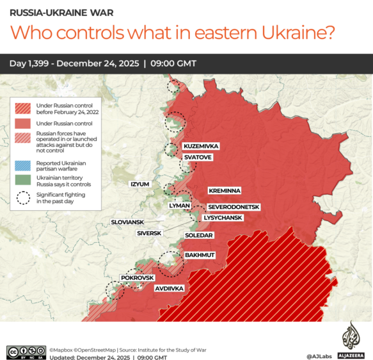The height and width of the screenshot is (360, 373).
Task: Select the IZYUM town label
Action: [139, 184]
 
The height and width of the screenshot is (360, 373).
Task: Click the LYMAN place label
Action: [178, 206]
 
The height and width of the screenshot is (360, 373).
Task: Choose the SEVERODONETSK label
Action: [234, 207]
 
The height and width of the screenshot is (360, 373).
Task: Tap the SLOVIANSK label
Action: [128, 222]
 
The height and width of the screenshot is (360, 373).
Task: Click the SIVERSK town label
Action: [149, 233]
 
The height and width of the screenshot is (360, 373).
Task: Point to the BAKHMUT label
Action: [200, 255]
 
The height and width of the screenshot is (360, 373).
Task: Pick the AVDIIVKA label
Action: [170, 289]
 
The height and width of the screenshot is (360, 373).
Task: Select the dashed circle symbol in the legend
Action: [25, 198]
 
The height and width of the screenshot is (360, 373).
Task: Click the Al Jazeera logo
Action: [349, 336]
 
